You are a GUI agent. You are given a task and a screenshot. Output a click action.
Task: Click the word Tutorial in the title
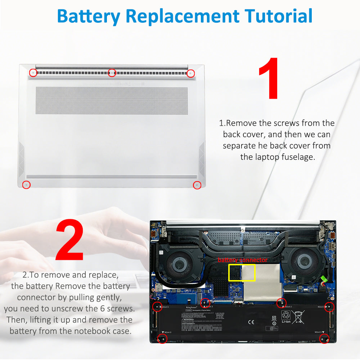278,16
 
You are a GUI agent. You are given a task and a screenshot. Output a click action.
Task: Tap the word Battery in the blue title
88,16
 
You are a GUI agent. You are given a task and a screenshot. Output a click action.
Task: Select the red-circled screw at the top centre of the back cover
112,73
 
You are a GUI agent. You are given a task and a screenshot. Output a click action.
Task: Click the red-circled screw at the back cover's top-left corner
33,72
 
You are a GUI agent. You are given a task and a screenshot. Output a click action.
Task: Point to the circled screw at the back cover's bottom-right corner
197,185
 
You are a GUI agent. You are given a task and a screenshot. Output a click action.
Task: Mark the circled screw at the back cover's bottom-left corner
26,185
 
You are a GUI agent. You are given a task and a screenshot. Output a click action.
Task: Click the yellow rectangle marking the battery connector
242,273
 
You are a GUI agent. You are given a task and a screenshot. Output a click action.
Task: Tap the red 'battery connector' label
242,260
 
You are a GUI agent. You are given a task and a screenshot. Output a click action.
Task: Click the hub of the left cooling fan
179,261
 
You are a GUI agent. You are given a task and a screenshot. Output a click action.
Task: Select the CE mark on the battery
251,322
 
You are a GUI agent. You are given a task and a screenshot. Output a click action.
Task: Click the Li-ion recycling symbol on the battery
286,317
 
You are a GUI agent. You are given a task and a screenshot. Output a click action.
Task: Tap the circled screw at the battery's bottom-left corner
163,339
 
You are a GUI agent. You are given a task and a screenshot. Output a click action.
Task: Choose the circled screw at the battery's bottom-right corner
324,338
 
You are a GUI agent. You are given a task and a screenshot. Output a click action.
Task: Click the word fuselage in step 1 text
294,157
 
